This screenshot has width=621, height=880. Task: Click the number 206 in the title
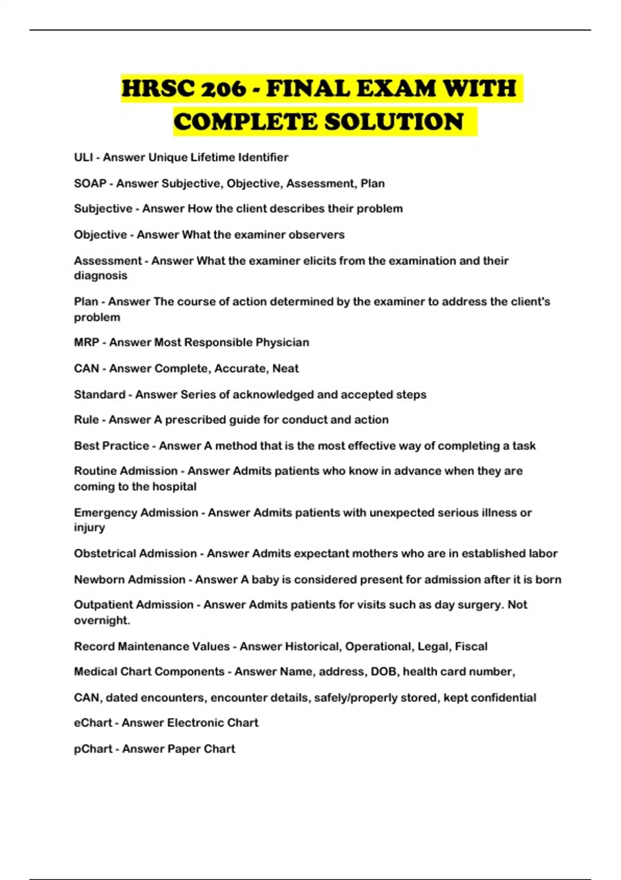pos(224,89)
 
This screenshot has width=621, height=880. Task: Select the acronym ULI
pos(83,157)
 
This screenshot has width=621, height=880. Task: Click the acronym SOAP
pos(90,183)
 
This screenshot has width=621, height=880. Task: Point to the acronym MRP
pos(86,342)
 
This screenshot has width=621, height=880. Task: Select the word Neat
pos(286,369)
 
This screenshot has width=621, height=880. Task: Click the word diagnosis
pos(100,275)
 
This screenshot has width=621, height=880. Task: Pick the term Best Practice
pos(111,446)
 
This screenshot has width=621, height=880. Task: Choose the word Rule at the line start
pos(86,419)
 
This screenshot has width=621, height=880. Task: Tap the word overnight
pos(101,620)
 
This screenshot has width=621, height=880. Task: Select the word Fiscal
pos(471,647)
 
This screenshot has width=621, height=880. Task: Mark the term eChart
pos(93,723)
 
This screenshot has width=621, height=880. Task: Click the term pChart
pos(93,749)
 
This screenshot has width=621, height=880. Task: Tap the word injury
pos(90,527)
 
